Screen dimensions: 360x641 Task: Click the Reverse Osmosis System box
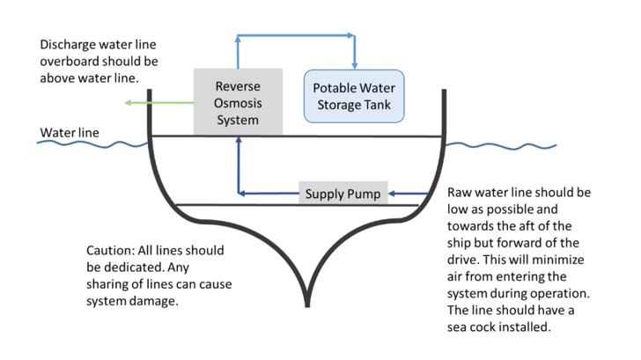click(238, 102)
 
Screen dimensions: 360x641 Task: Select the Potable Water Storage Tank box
click(353, 97)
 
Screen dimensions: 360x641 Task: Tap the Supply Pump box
click(343, 194)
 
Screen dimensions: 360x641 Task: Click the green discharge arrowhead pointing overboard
click(129, 103)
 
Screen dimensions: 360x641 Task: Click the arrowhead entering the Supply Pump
click(394, 194)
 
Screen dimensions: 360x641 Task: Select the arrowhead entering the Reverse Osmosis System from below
click(238, 141)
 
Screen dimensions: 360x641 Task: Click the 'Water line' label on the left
click(70, 134)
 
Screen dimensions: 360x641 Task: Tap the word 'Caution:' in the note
click(112, 249)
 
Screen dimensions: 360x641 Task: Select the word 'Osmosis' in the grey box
click(238, 103)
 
